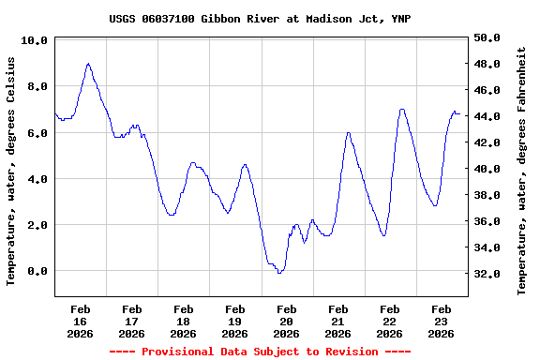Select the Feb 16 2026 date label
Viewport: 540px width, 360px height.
[81, 321]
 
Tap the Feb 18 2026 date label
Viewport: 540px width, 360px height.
[184, 321]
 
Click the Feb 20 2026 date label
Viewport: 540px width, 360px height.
[287, 321]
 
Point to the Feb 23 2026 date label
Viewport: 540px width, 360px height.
[442, 321]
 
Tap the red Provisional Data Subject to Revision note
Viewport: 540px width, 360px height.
[260, 352]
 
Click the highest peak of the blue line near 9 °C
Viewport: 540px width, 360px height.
[88, 64]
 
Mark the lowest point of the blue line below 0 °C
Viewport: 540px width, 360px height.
[279, 273]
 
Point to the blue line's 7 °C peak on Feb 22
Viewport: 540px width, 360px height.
[402, 110]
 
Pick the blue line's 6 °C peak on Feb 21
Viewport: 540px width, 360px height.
[348, 133]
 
